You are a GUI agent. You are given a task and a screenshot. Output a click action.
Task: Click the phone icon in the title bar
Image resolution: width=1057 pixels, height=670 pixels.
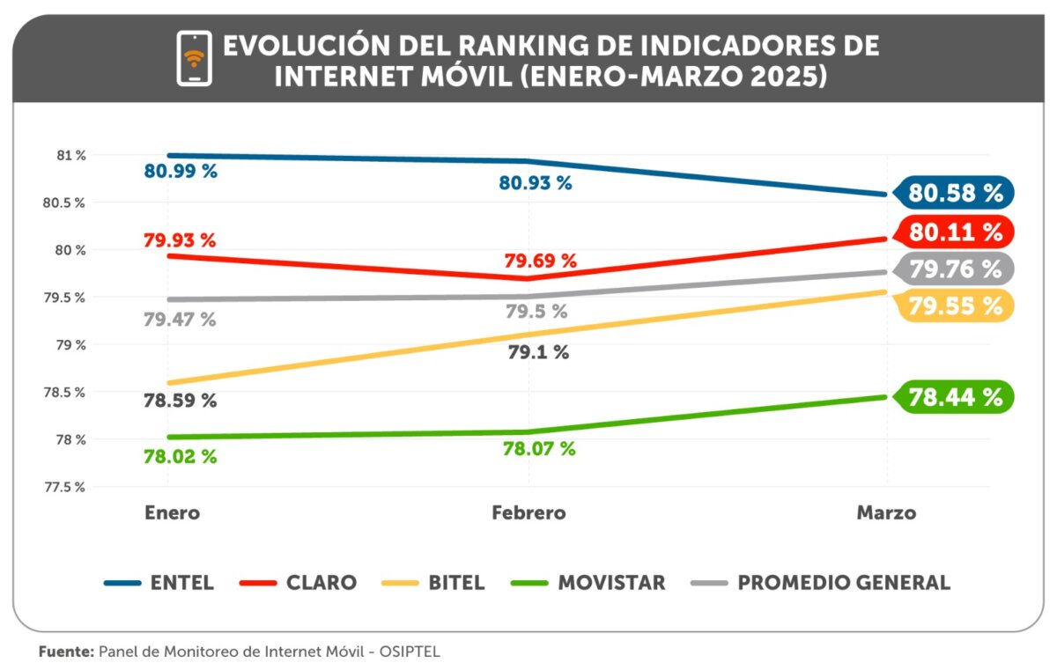pos(194,58)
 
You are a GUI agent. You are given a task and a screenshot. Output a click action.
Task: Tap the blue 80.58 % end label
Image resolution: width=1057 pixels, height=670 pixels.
pos(955,193)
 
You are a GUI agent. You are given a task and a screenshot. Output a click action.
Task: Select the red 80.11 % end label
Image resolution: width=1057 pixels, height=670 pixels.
pos(955,232)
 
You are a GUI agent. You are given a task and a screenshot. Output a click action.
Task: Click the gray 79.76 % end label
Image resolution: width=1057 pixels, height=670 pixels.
pos(955,269)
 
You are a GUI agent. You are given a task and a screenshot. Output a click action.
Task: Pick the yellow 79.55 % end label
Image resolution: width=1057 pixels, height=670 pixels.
pos(955,306)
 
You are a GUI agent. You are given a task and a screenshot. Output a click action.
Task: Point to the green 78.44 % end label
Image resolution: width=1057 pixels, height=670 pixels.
pos(955,397)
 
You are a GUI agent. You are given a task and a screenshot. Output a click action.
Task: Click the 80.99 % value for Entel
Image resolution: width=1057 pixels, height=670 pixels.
pos(181,171)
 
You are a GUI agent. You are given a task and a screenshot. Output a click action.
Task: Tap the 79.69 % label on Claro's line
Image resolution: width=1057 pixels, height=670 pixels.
pos(540,261)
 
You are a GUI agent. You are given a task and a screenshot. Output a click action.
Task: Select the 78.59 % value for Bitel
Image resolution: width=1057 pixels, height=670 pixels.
pos(181,401)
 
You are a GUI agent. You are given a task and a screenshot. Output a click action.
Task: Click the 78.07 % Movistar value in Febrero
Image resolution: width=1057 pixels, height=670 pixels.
pos(538,449)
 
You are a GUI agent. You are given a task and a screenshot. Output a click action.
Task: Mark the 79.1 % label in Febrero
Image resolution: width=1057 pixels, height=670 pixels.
pos(538,353)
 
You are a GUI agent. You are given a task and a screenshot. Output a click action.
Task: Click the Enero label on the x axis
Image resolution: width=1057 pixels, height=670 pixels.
pos(172,512)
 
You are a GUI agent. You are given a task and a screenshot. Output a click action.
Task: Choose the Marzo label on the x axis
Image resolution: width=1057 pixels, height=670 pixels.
pos(886,512)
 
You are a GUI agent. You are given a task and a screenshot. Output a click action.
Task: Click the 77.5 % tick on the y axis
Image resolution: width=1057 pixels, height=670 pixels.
pos(66,487)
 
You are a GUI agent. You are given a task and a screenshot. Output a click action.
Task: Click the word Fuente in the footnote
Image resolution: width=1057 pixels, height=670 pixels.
pos(65,652)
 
